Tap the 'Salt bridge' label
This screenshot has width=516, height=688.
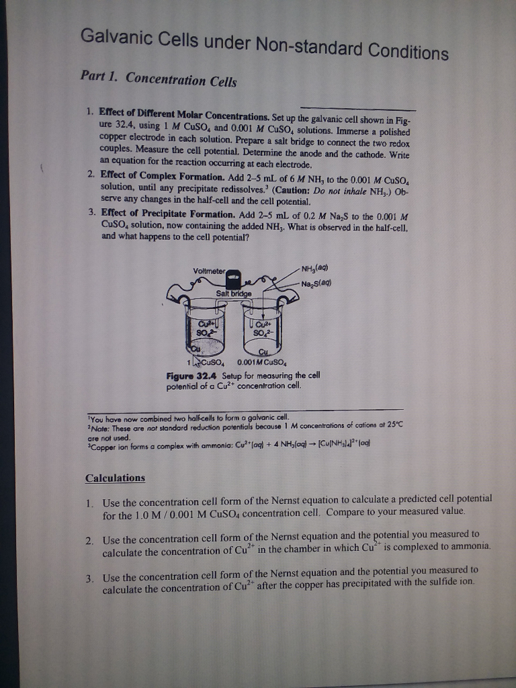coord(234,294)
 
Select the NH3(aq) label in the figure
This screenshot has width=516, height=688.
coord(317,270)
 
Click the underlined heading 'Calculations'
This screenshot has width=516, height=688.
coord(115,478)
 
